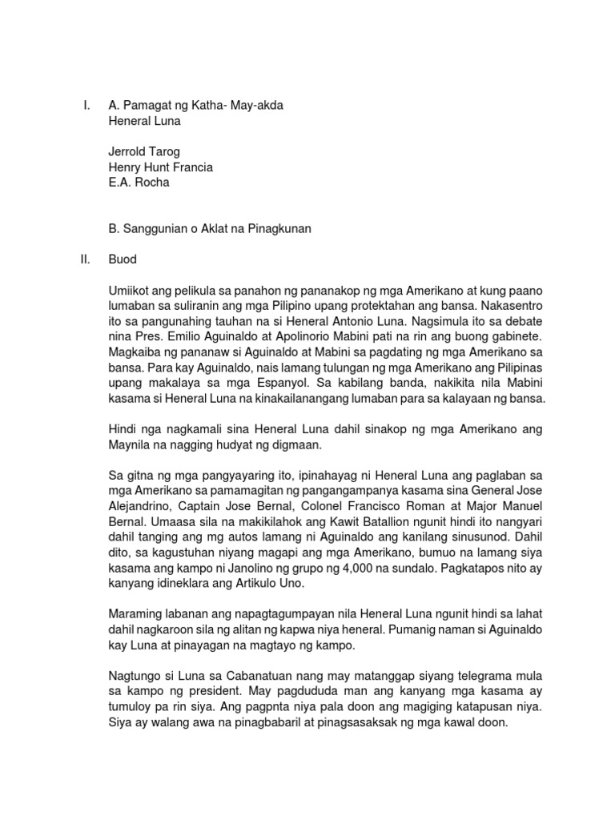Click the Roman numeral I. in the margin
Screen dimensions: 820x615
pos(86,106)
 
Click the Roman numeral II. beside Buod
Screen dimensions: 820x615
pos(86,260)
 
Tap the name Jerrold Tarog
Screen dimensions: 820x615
pos(145,151)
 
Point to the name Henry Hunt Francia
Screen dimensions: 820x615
pos(160,167)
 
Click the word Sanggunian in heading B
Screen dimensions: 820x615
pos(157,229)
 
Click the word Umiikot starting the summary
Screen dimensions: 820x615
pos(131,291)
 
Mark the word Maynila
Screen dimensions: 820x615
pos(131,445)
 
